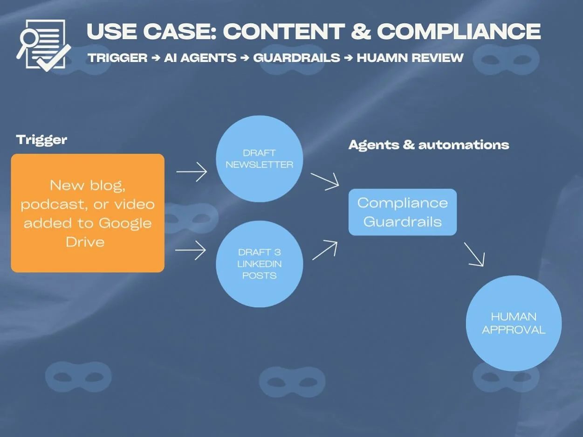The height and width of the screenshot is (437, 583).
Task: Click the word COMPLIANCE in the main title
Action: click(x=459, y=32)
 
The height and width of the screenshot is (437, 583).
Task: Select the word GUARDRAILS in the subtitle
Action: click(x=297, y=58)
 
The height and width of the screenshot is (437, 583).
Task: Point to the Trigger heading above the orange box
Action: click(x=41, y=139)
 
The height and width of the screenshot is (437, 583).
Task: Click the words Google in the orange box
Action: click(x=125, y=223)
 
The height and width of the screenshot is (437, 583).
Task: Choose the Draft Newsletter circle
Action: click(x=260, y=159)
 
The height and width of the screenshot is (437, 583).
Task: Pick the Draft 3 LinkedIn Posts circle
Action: click(x=260, y=264)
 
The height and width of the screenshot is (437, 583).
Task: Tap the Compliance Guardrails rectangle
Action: click(x=403, y=212)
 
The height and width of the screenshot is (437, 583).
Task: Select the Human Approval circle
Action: click(x=514, y=323)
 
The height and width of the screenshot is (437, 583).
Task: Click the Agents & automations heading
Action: click(x=429, y=145)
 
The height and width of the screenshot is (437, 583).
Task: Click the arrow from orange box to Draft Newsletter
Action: click(x=192, y=172)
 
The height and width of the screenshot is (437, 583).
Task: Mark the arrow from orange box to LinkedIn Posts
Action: click(x=191, y=251)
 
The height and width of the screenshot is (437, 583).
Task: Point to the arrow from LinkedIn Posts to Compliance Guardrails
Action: click(x=325, y=250)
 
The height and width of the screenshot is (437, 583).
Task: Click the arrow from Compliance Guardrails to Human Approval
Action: click(x=474, y=255)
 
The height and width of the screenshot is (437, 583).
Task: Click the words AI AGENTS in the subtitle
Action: click(x=200, y=58)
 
